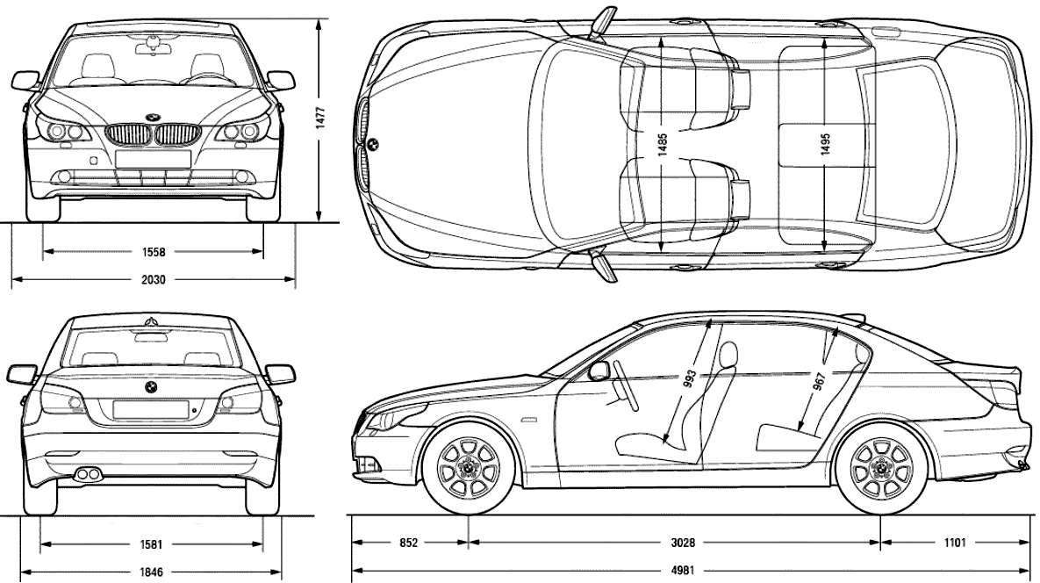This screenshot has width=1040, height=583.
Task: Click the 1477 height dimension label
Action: coord(319,118)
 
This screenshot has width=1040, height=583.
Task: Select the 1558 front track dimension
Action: coord(154,252)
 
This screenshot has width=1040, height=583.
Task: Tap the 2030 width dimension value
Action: coord(154,280)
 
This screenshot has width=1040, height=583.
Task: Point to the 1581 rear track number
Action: coord(151,544)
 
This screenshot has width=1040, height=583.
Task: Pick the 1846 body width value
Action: coord(151,572)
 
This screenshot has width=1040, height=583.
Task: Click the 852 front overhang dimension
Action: coord(409,543)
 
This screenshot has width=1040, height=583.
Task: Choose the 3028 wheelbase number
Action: coord(683,543)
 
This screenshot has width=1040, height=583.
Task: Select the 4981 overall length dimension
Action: coord(683,571)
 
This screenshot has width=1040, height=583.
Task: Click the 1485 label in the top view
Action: coord(663,145)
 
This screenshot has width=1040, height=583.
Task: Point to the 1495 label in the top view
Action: coord(825,144)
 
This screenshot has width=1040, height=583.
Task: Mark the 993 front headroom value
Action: coord(690,378)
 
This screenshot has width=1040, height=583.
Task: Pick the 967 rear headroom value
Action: coord(820,383)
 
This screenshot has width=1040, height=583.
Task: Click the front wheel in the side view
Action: coord(469,468)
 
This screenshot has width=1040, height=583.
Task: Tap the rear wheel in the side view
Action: coord(880,468)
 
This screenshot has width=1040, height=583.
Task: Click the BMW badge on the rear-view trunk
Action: coord(151,387)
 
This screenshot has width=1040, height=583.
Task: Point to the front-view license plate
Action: coord(154,159)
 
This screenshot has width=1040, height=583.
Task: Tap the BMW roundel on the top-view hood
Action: coord(373,143)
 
